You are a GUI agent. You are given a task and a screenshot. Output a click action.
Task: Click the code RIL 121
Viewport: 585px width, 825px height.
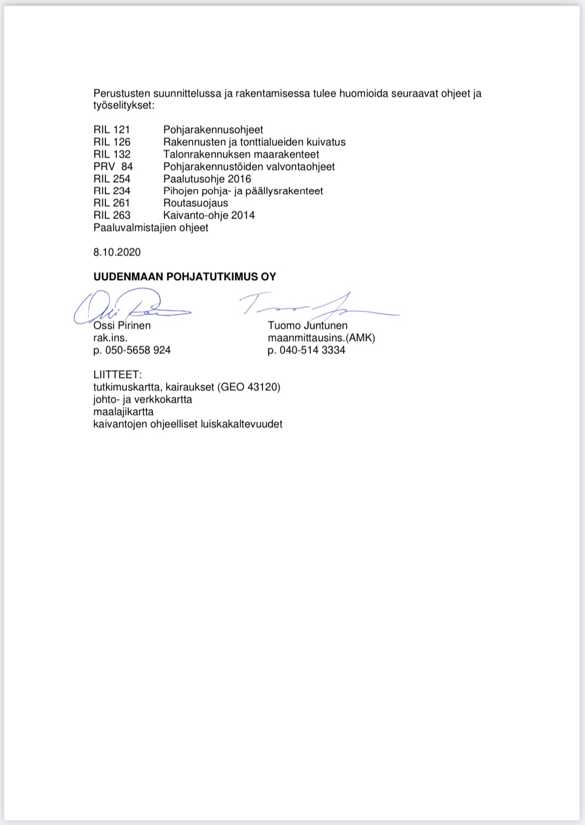click(x=111, y=130)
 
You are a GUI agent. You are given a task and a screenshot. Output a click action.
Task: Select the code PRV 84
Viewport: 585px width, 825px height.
click(x=113, y=167)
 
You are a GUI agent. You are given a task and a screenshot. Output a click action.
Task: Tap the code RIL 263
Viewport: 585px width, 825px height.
click(x=111, y=215)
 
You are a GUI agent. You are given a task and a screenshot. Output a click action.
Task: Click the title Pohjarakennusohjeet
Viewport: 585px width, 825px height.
click(x=213, y=130)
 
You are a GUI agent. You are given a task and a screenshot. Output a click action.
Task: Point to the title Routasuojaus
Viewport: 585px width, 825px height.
click(x=195, y=203)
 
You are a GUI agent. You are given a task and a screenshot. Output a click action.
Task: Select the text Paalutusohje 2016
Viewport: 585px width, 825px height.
click(x=207, y=179)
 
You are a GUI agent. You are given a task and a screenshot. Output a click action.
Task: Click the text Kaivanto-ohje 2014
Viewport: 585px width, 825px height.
click(x=209, y=215)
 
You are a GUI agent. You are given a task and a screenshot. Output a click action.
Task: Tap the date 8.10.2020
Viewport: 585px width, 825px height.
click(x=117, y=252)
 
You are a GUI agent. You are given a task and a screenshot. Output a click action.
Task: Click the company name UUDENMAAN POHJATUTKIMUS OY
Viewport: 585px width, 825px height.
click(x=185, y=277)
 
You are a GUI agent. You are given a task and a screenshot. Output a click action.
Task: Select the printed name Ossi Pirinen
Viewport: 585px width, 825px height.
click(x=122, y=326)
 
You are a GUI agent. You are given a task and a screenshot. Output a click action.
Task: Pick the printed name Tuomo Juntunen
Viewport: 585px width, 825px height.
click(x=307, y=326)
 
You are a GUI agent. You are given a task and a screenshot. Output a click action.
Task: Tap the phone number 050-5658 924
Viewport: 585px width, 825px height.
click(x=138, y=350)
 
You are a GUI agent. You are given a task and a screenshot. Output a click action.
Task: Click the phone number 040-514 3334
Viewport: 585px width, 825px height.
click(x=312, y=350)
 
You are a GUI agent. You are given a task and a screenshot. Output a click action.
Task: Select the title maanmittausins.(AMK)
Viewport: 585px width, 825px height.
click(x=321, y=338)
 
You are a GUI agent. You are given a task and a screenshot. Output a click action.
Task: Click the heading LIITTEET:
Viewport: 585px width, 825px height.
click(x=118, y=375)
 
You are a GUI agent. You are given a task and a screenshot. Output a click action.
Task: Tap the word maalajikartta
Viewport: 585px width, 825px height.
click(x=123, y=412)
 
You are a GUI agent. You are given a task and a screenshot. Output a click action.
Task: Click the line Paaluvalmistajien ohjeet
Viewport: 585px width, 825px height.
click(x=151, y=228)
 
